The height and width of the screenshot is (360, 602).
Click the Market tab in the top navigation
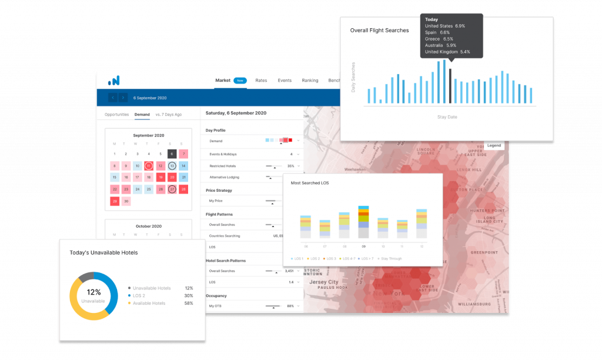223,81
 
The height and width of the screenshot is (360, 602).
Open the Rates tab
261,81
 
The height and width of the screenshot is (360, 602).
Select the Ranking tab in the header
310,81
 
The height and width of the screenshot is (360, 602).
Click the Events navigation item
285,81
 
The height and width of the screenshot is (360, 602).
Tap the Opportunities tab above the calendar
116,114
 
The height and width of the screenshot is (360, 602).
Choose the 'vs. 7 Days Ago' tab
168,114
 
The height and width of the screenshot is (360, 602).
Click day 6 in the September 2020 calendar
172,154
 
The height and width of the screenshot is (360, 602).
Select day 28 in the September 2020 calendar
183,189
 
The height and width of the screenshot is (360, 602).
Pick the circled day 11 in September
149,166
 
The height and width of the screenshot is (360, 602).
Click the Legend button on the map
494,145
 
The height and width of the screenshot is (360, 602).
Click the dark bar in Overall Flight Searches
450,86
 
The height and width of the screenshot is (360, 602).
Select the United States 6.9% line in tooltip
444,26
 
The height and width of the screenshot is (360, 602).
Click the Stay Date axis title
447,117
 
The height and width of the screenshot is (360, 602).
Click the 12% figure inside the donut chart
93,292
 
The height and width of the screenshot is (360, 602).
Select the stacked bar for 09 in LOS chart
363,222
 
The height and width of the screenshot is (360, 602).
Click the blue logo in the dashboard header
113,81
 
